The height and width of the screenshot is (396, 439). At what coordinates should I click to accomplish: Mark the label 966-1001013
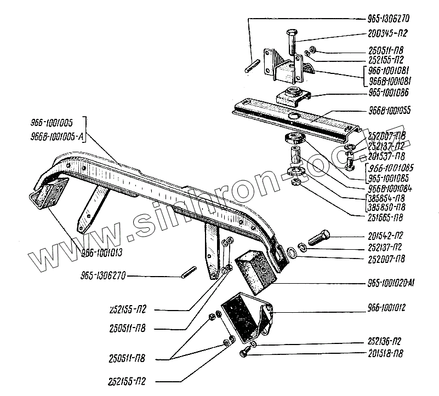tap(102, 252)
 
